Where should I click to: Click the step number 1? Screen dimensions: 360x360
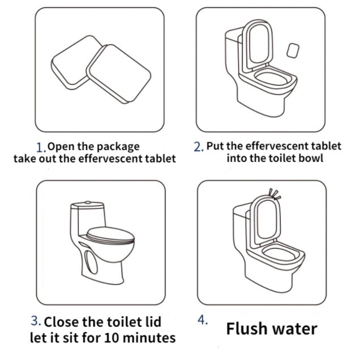click(x=41, y=147)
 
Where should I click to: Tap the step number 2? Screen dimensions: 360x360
click(x=198, y=147)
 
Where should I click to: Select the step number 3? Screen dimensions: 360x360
click(x=36, y=321)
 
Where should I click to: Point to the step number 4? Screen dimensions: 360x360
click(x=203, y=320)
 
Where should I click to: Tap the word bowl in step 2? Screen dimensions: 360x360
click(x=311, y=158)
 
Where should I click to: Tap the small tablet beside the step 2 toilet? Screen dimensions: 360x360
click(x=293, y=50)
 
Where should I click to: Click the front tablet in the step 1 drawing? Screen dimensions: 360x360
click(x=118, y=74)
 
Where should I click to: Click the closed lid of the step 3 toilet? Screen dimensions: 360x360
click(x=110, y=235)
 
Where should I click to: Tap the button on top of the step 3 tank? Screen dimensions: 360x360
click(x=88, y=203)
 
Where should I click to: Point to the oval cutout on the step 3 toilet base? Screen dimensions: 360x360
click(x=91, y=262)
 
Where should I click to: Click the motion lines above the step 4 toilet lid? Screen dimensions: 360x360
click(x=275, y=194)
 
